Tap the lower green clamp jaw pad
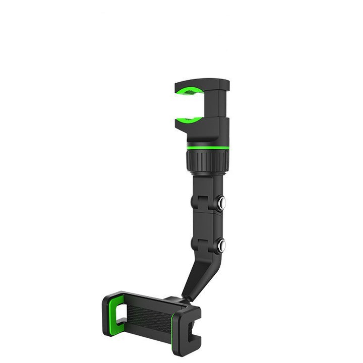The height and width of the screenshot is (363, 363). (189, 120)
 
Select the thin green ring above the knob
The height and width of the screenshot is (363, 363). (208, 148)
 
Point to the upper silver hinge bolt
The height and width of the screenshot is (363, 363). (221, 202)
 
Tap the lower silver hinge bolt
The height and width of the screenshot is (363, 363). (221, 246)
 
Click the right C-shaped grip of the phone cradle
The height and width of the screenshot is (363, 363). (189, 328)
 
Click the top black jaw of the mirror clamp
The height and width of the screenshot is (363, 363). (202, 83)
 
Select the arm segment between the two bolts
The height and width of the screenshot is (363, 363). (207, 224)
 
